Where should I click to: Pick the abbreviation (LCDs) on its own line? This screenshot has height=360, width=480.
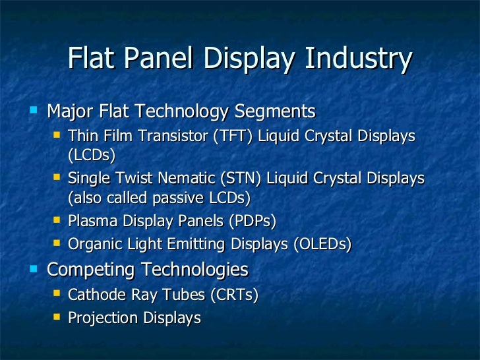pyautogui.click(x=92, y=156)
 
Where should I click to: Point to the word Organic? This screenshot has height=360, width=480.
pyautogui.click(x=94, y=245)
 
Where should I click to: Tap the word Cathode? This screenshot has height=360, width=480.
pyautogui.click(x=95, y=294)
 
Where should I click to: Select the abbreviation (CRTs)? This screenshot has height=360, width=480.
pyautogui.click(x=233, y=294)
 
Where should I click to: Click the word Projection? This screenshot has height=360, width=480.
pyautogui.click(x=102, y=318)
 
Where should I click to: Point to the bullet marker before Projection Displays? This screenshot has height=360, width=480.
pyautogui.click(x=57, y=316)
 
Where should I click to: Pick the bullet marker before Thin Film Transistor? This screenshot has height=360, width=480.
pyautogui.click(x=57, y=135)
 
